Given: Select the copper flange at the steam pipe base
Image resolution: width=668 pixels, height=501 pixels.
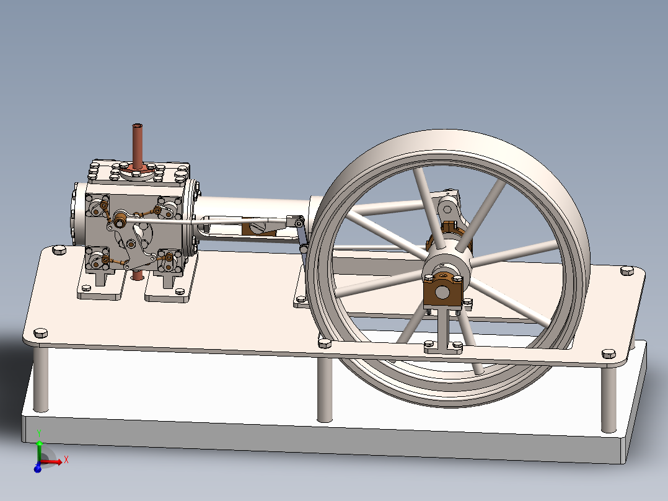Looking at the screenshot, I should point(138,169).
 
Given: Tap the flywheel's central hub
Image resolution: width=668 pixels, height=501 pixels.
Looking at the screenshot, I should point(445,264).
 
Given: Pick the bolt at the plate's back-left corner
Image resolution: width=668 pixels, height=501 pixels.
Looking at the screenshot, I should point(59,250).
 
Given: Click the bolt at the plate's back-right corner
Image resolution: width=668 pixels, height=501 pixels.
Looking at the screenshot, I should point(628,270).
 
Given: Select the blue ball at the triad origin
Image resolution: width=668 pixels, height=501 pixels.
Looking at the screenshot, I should point(37,468).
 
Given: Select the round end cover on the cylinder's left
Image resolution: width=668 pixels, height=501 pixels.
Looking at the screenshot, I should point(77,213).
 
